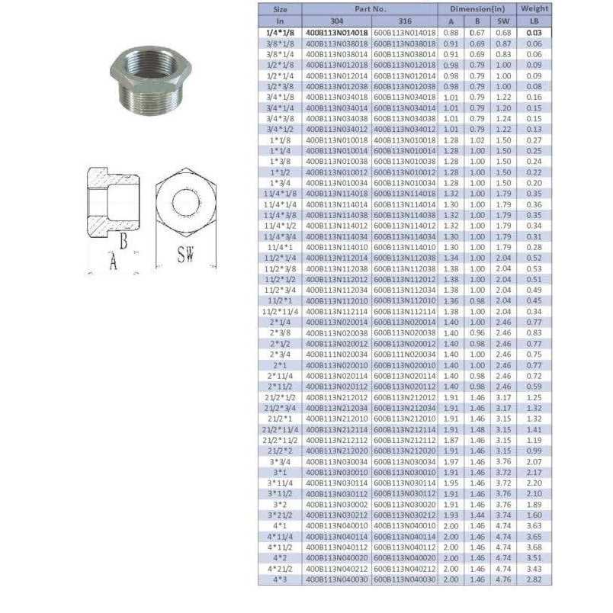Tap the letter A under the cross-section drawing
(x=114, y=262)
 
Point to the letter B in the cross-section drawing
(x=123, y=242)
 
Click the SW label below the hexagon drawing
(x=185, y=255)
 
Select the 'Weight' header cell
(x=534, y=8)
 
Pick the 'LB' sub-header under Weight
(x=534, y=21)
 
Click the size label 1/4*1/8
(x=280, y=33)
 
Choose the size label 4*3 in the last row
(x=280, y=579)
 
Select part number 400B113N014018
(x=337, y=33)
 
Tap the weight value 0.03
(x=534, y=33)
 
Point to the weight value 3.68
(x=534, y=547)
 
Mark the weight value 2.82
(x=534, y=579)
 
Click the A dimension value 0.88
(x=451, y=33)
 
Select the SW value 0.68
(x=503, y=33)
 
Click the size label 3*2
(x=280, y=505)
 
